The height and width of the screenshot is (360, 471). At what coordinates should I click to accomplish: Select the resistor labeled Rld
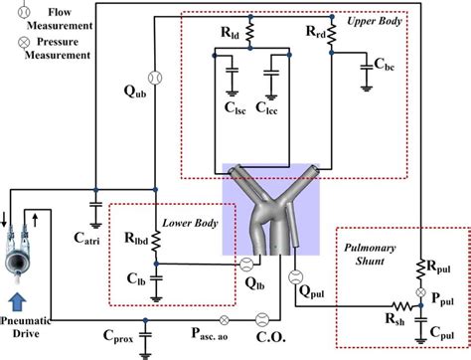click(249, 32)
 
